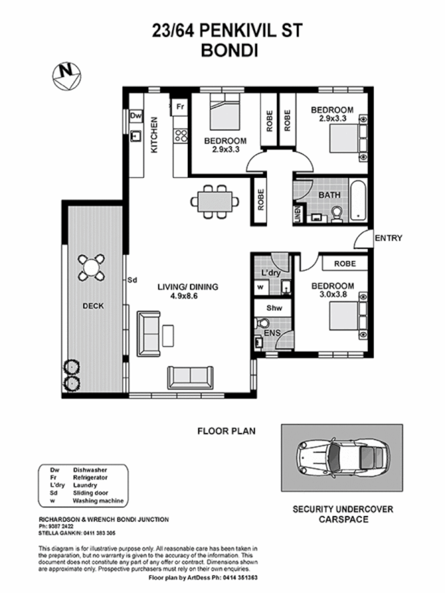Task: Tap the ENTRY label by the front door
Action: (x=388, y=238)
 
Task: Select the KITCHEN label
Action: (x=155, y=134)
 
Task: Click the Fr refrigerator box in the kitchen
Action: (x=179, y=105)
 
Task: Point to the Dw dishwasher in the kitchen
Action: (x=136, y=116)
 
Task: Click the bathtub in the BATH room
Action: (x=357, y=200)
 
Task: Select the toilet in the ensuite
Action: (x=262, y=322)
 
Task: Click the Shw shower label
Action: (x=274, y=308)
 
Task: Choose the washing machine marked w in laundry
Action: (x=260, y=287)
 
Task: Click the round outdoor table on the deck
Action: (x=90, y=268)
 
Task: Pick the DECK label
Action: (x=92, y=306)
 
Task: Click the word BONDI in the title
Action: (x=222, y=51)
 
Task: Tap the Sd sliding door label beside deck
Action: (x=132, y=280)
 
